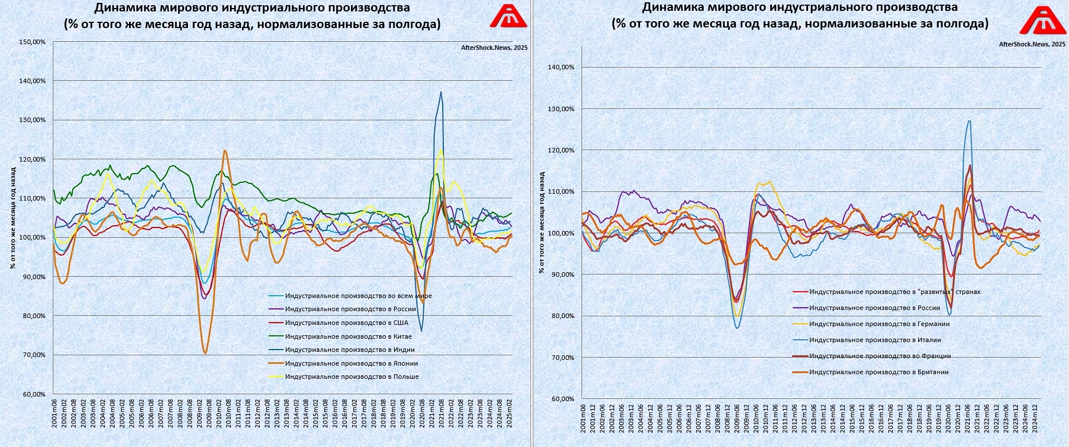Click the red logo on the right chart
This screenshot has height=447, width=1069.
pos(1043,21)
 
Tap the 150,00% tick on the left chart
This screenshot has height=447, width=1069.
pos(32,42)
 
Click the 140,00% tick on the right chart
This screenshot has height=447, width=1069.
pos(561,67)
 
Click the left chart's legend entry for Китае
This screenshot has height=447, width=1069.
pos(348,336)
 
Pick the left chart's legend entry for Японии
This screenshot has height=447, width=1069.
pos(351,363)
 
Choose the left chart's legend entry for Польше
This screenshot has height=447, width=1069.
pos(352,377)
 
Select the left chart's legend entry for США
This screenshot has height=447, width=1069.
pos(346,323)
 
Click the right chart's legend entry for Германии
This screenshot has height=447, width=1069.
pos(879,324)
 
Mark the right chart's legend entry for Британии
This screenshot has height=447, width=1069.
pos(879,372)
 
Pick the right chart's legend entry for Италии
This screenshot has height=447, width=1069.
pos(875,340)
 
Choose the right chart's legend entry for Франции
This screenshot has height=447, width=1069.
pos(880,356)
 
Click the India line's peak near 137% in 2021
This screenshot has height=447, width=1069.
pos(441,92)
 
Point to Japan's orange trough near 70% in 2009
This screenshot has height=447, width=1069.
pos(205,352)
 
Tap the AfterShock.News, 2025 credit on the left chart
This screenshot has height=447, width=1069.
pos(494,48)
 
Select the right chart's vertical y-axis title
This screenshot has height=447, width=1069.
pos(541,222)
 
